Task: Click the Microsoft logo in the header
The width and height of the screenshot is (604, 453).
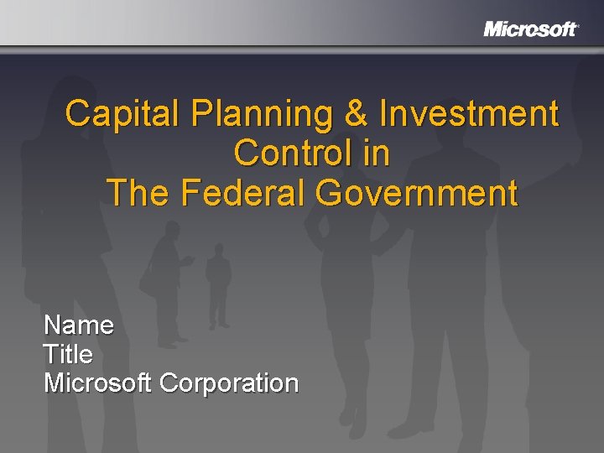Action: [x=530, y=29]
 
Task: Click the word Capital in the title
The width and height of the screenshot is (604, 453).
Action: [x=122, y=113]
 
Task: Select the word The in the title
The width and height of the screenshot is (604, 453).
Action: [x=138, y=193]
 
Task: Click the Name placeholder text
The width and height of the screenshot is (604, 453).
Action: [x=79, y=325]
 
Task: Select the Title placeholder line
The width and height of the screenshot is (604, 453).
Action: [x=68, y=354]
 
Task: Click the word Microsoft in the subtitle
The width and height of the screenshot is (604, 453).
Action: [x=97, y=383]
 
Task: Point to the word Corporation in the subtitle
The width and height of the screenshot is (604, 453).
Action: [x=229, y=383]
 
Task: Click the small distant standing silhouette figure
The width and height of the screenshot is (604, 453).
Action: [x=219, y=285]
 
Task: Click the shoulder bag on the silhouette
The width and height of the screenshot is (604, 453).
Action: [x=150, y=282]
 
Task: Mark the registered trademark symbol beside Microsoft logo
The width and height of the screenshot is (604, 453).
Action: [x=578, y=25]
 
